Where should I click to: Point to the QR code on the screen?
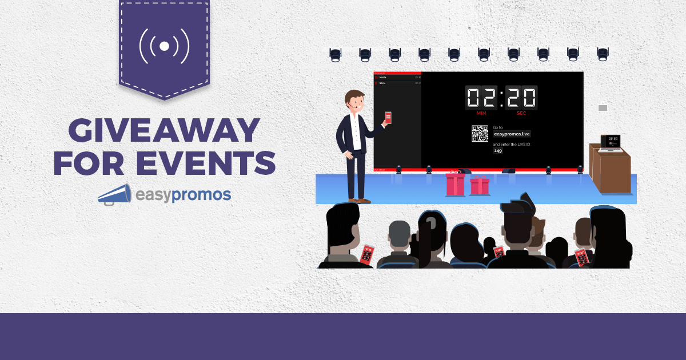[x=480, y=133]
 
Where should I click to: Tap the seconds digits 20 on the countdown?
[x=521, y=98]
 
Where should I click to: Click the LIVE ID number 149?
[x=497, y=151]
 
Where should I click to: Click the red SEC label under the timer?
[x=521, y=113]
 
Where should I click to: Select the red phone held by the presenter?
[x=388, y=118]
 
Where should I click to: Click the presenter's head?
[x=354, y=101]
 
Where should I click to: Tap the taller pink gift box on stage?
[x=455, y=183]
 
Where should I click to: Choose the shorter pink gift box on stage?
[x=480, y=186]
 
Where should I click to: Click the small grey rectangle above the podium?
[x=603, y=108]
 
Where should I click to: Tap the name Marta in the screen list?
[x=383, y=77]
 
